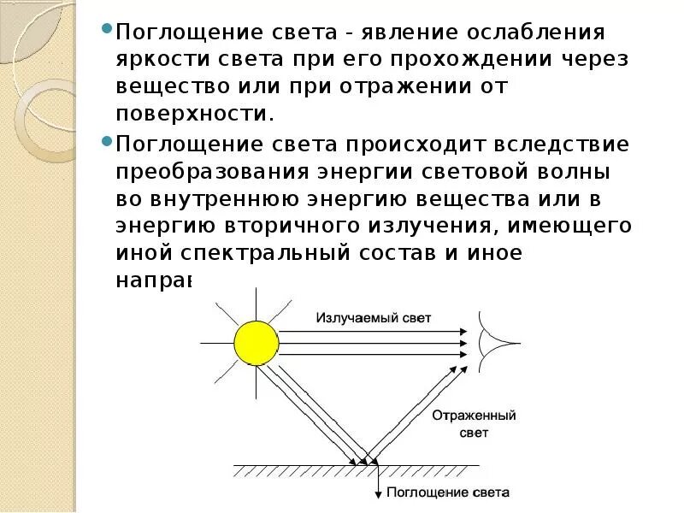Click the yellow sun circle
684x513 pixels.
(x=256, y=343)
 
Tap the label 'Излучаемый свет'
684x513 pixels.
(x=374, y=318)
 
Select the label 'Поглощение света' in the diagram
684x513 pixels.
(x=448, y=492)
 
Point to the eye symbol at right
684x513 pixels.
(x=497, y=343)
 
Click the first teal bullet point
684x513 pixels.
(x=107, y=28)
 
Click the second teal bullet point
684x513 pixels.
(x=107, y=139)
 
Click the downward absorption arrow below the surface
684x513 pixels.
(x=378, y=483)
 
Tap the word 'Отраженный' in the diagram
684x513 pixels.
(x=463, y=416)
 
